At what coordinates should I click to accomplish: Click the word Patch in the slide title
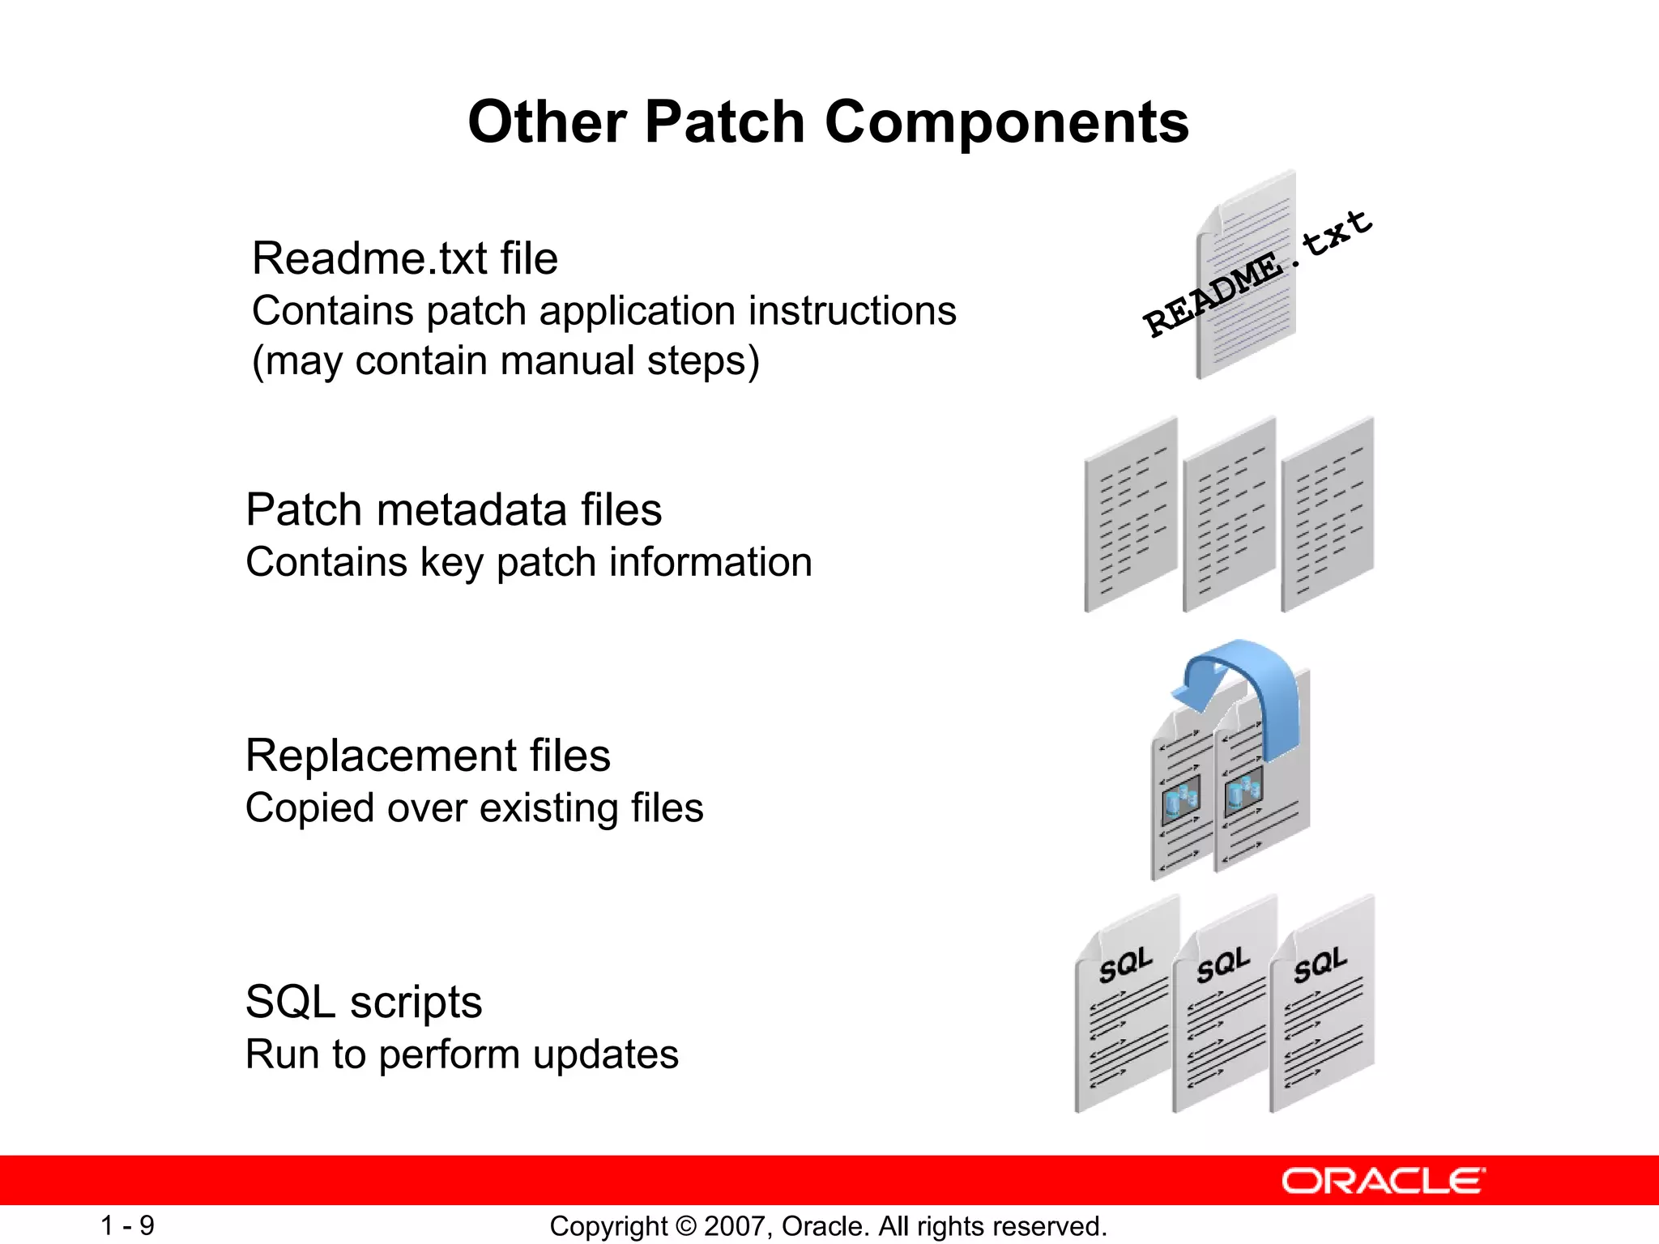click(x=724, y=123)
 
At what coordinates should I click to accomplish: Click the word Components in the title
click(x=1006, y=123)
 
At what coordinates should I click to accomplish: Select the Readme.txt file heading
click(x=404, y=259)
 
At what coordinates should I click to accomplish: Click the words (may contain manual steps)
click(x=505, y=361)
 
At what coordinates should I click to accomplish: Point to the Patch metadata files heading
click(x=454, y=510)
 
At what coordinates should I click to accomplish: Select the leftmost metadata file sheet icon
click(x=1130, y=515)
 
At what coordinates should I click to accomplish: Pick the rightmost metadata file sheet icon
click(x=1327, y=515)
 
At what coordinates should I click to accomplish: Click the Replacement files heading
click(x=428, y=756)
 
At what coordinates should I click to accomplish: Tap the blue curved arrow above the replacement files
click(x=1247, y=688)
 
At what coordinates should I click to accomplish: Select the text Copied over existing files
click(x=474, y=808)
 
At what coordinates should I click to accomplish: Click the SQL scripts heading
click(x=363, y=1003)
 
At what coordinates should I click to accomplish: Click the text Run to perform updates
click(x=462, y=1054)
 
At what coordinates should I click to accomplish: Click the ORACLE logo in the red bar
click(x=1383, y=1181)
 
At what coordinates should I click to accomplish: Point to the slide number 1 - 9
click(x=127, y=1225)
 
